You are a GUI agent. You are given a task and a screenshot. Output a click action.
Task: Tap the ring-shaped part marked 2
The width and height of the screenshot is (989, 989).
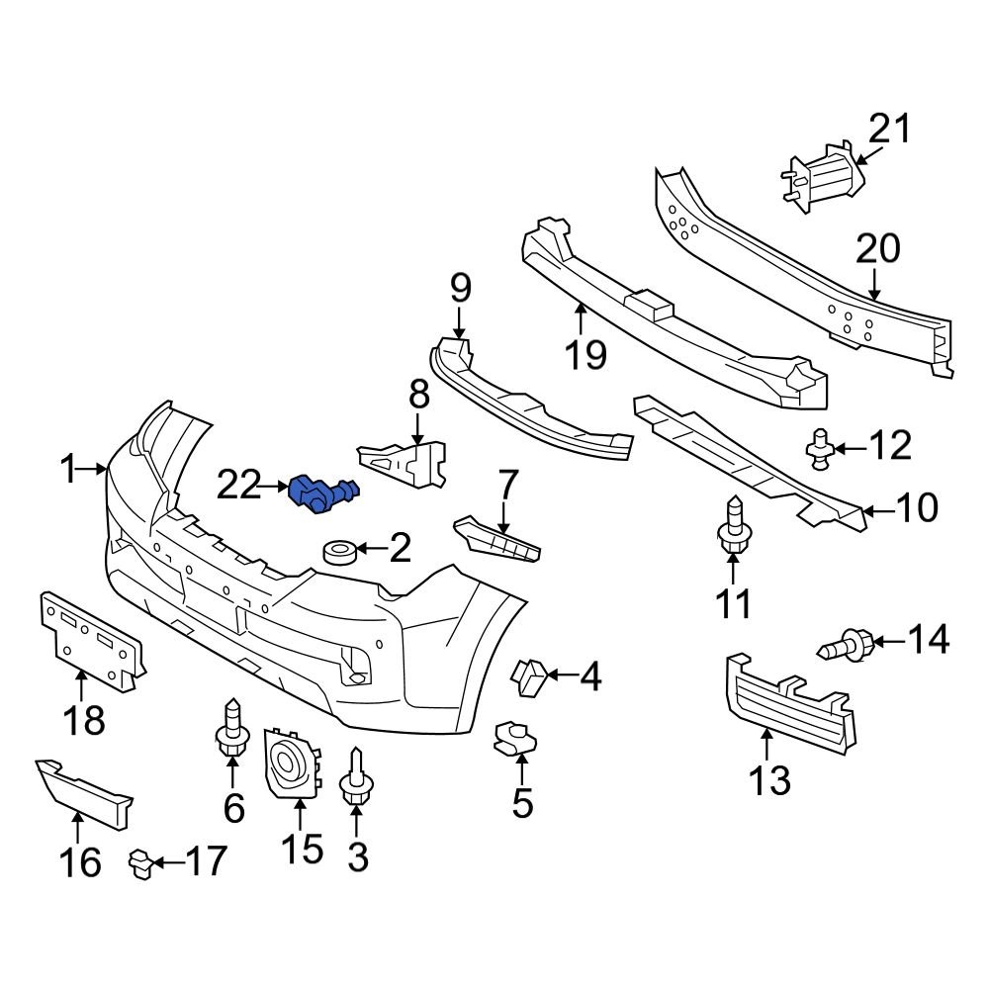tap(339, 550)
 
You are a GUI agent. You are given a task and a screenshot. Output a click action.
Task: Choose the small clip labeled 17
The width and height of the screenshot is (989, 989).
tap(142, 864)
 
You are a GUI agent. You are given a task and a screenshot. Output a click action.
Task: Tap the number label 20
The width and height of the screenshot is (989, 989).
tap(878, 249)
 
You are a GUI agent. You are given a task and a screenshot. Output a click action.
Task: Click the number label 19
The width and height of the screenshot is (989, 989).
tap(586, 353)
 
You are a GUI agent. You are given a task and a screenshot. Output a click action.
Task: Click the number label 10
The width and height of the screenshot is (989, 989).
tap(917, 509)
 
